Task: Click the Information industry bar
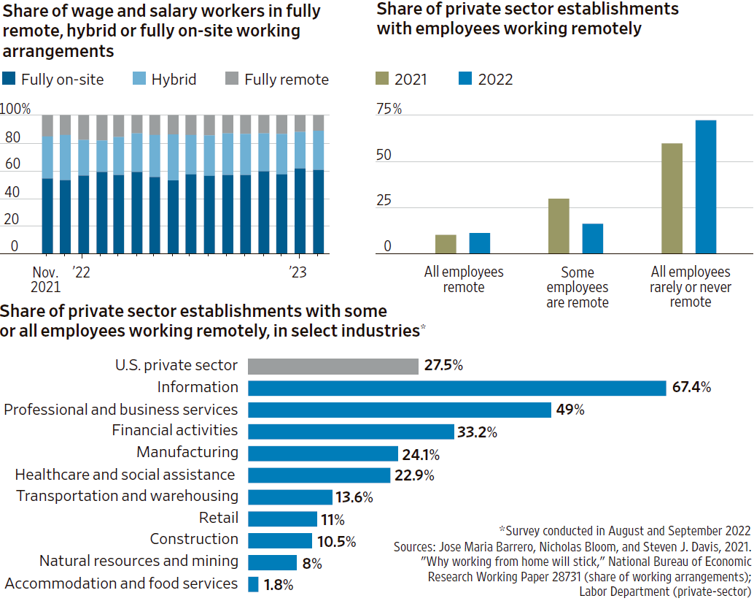456,388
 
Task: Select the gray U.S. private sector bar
333,366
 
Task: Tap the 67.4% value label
691,388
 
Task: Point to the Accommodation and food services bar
253,584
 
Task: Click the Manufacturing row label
187,452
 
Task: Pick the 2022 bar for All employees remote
479,243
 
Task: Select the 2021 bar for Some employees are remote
559,226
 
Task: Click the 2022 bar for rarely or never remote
705,187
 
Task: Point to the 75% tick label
389,110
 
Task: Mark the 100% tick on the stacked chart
15,110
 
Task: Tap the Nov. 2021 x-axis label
46,279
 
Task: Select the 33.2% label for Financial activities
477,432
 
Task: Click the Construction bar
280,540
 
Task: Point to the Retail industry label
218,518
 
